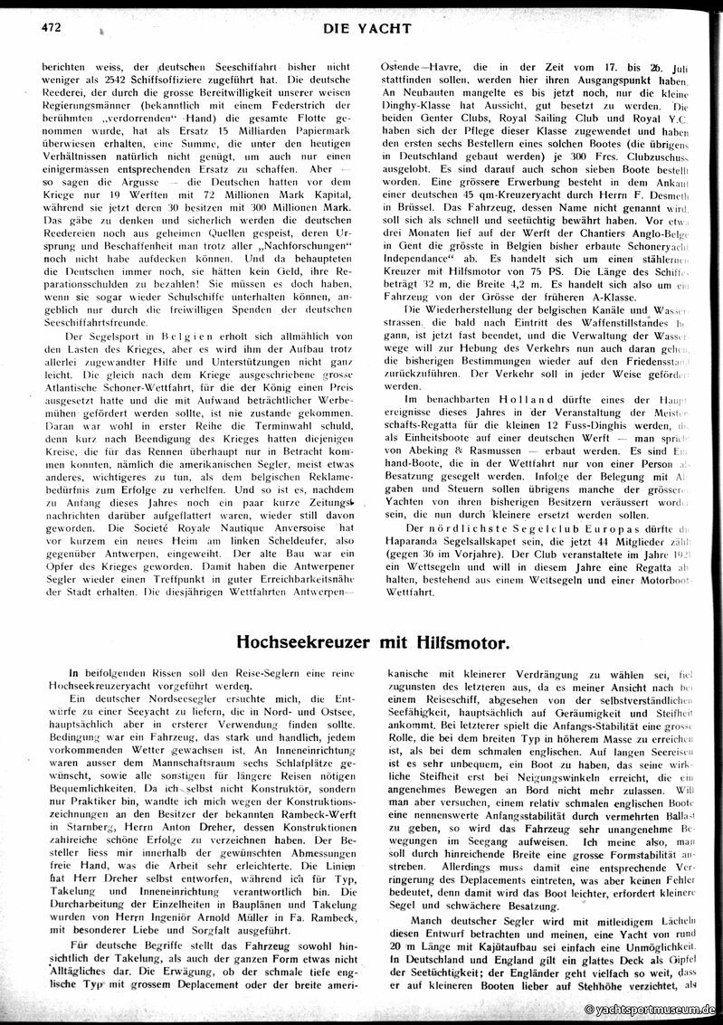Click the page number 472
(50, 27)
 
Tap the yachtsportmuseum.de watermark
(651, 1010)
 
